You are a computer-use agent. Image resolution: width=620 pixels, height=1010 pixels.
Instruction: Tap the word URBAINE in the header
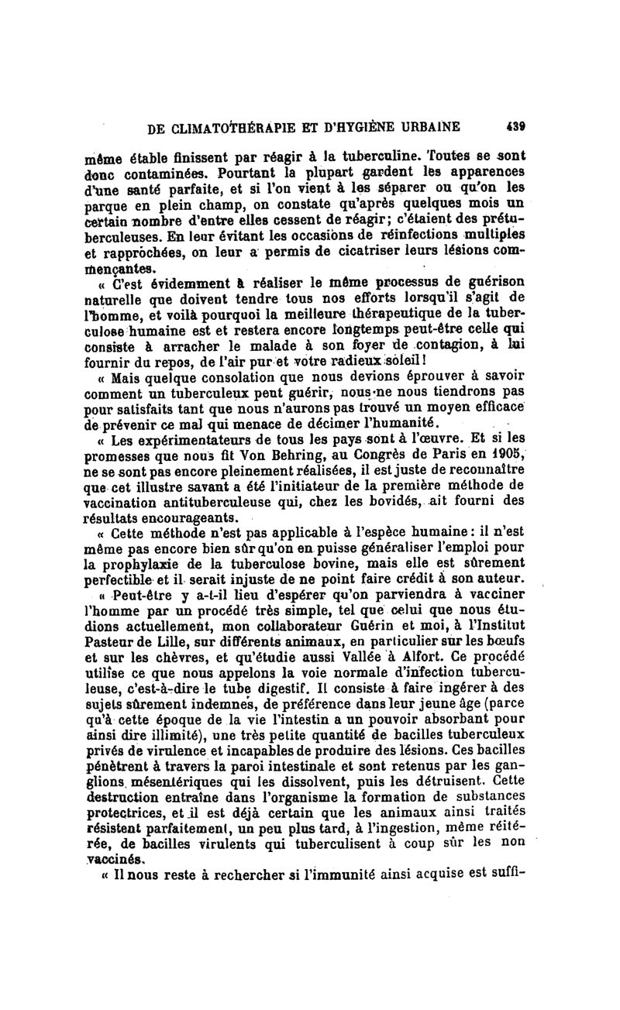[424, 126]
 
